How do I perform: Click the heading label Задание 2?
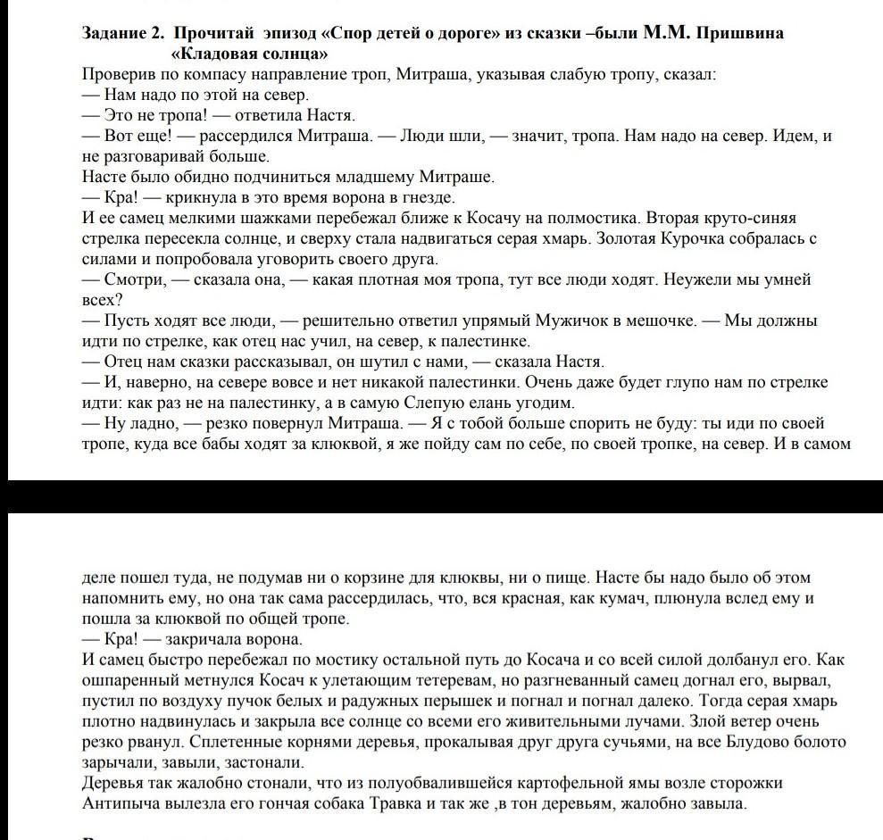click(123, 34)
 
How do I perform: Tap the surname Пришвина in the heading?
click(738, 34)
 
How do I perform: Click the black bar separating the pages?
click(441, 496)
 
